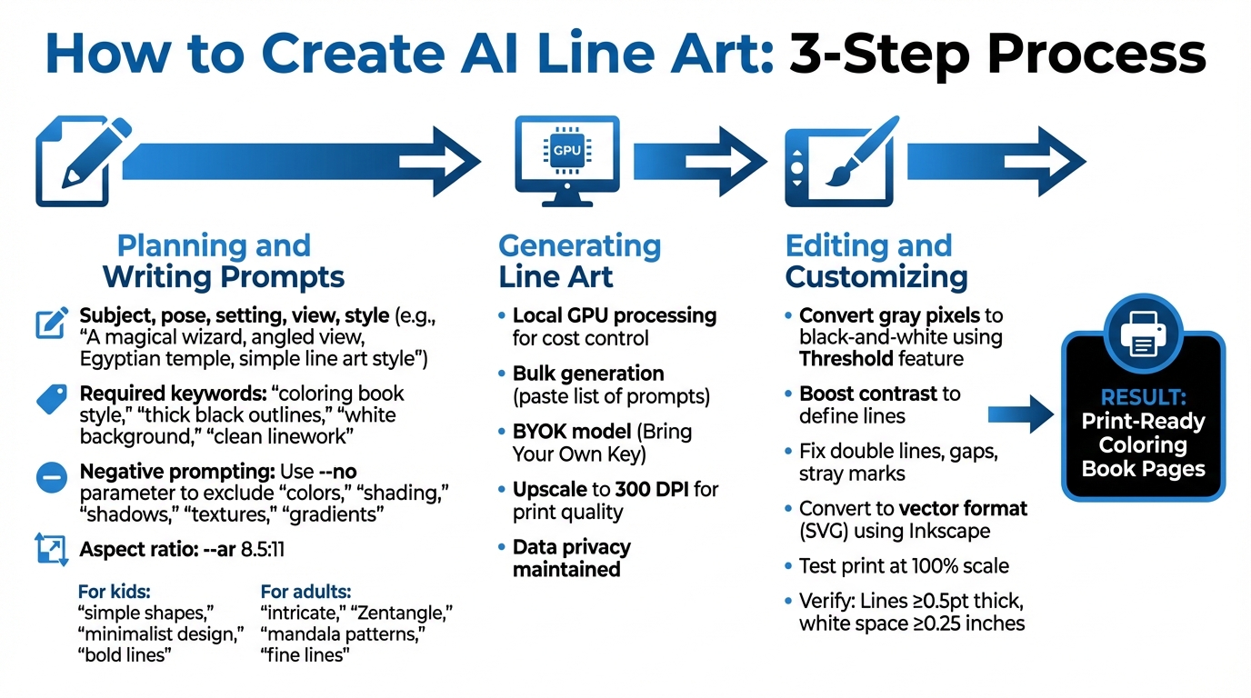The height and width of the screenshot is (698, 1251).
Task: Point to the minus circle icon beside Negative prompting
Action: point(51,477)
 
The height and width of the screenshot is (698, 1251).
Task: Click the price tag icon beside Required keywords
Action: point(51,400)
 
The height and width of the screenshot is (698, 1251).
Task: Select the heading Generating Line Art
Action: point(579,261)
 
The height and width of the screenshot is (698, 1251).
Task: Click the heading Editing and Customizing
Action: point(876,261)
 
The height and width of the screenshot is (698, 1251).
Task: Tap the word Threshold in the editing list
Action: point(844,359)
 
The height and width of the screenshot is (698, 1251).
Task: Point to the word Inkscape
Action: point(949,532)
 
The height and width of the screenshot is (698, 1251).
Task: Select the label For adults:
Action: point(305,592)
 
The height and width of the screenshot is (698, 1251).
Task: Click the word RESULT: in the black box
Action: point(1144,397)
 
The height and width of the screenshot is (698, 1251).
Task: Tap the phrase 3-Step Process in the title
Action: point(996,55)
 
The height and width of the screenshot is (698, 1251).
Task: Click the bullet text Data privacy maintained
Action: point(570,559)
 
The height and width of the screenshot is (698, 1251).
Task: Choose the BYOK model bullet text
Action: point(602,442)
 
